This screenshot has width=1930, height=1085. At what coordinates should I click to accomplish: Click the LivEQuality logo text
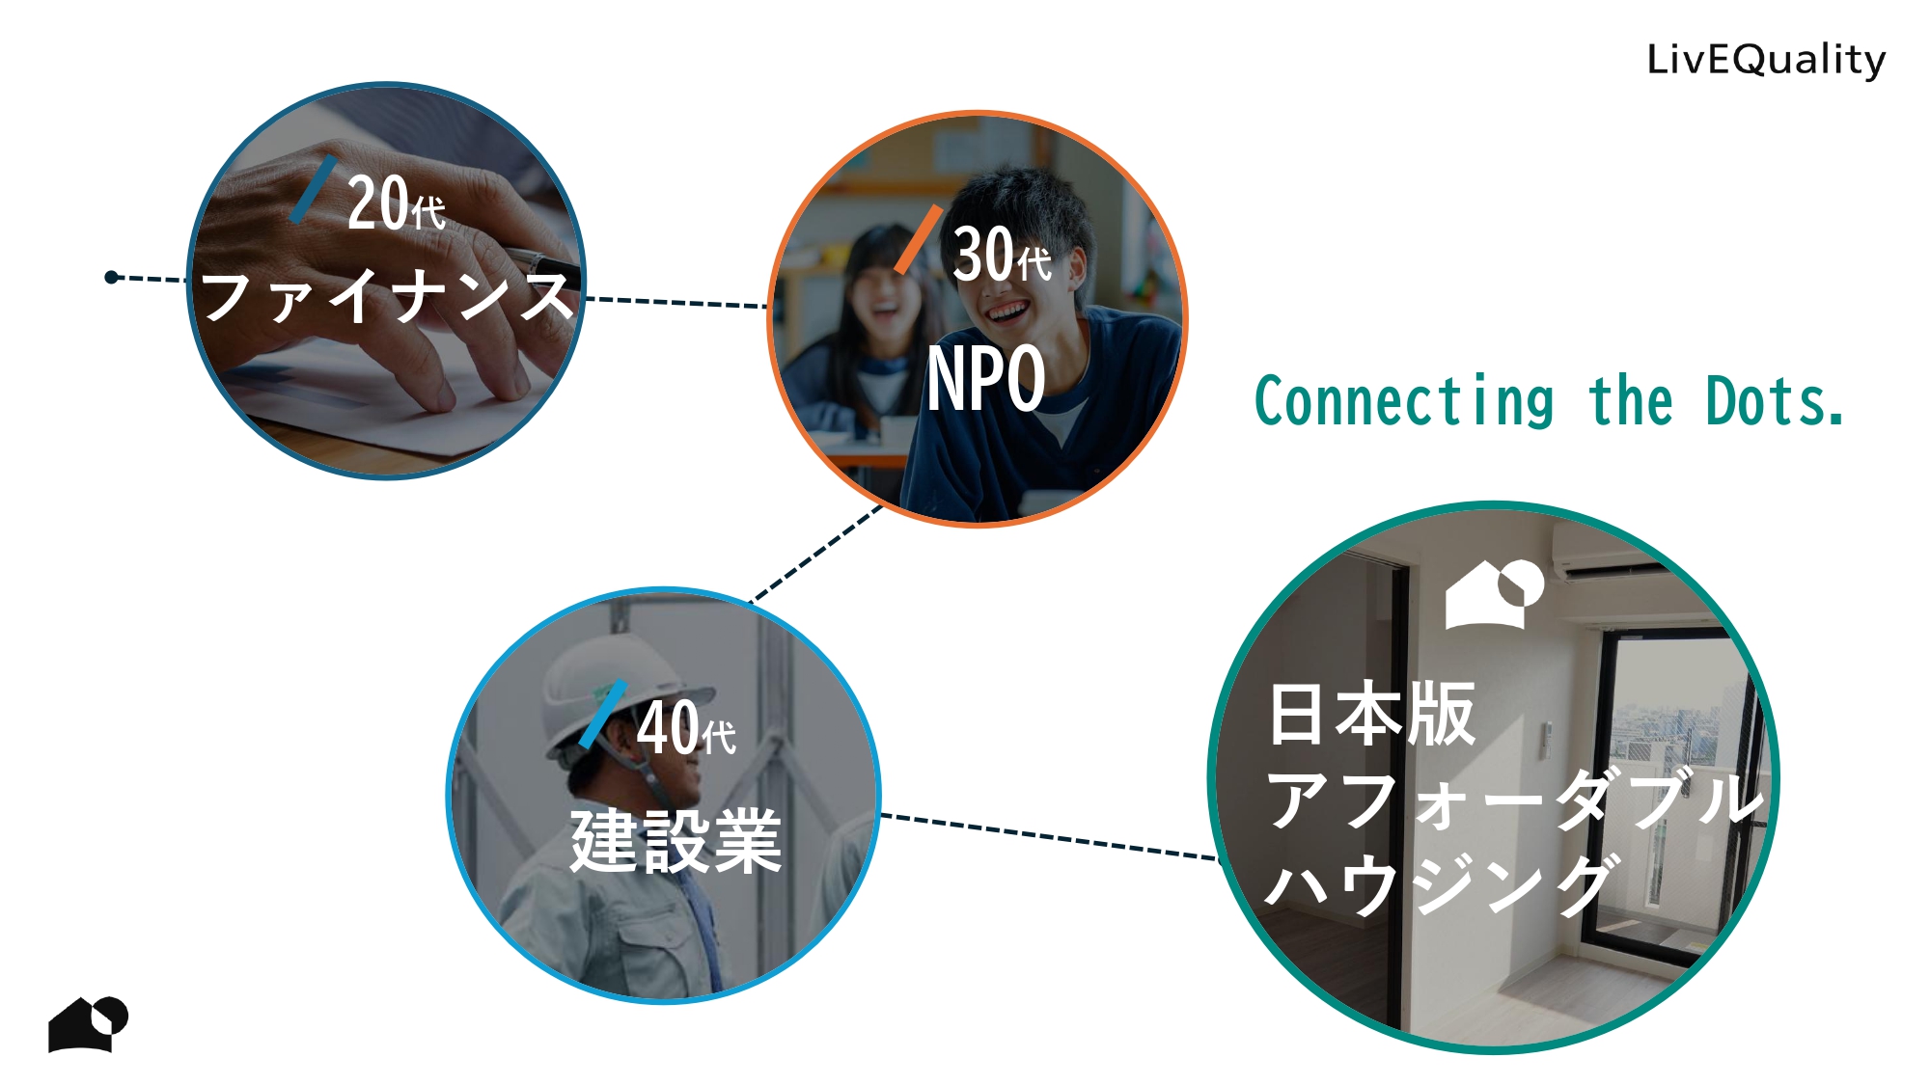[x=1765, y=60]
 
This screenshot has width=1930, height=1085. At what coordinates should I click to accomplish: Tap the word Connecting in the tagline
[x=1404, y=402]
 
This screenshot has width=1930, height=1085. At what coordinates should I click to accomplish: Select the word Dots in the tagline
[x=1774, y=402]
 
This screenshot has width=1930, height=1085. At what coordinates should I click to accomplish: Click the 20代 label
[x=396, y=204]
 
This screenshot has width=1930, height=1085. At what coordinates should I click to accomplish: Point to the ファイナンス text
[x=386, y=296]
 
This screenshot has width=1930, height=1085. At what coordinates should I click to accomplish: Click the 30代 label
[x=1002, y=256]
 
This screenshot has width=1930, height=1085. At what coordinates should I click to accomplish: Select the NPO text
[x=986, y=379]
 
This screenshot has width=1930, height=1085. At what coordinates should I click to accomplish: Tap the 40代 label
[x=686, y=728]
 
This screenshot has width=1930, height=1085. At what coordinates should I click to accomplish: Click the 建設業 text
[x=675, y=842]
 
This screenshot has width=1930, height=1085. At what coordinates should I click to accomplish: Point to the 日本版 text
[x=1371, y=715]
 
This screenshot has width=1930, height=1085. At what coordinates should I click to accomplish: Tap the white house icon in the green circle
[x=1494, y=594]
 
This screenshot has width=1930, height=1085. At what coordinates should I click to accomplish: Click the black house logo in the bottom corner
[x=88, y=1023]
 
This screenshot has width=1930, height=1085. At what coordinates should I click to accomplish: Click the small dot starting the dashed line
[x=112, y=278]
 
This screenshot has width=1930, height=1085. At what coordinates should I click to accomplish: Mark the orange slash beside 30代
[x=918, y=239]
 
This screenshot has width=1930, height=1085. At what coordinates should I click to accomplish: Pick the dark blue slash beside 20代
[x=314, y=189]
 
